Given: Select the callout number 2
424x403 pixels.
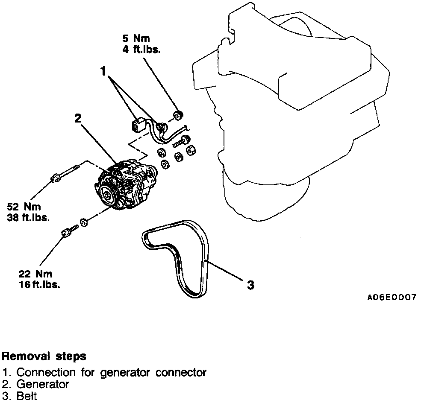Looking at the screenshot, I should coord(77,119).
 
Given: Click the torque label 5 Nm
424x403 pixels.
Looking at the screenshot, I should coord(136,39).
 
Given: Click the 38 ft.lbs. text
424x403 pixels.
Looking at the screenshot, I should coord(29,217).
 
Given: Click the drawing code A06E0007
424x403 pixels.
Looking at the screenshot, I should coord(392,297).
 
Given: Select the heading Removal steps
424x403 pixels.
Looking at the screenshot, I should coord(44,356).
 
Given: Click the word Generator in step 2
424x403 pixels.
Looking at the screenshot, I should coord(43,384).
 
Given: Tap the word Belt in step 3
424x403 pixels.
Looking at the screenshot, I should coord(27,396).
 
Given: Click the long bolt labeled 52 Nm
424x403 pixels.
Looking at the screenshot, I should coord(64,173).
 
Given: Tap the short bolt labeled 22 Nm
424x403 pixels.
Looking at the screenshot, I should coord(68,231).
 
